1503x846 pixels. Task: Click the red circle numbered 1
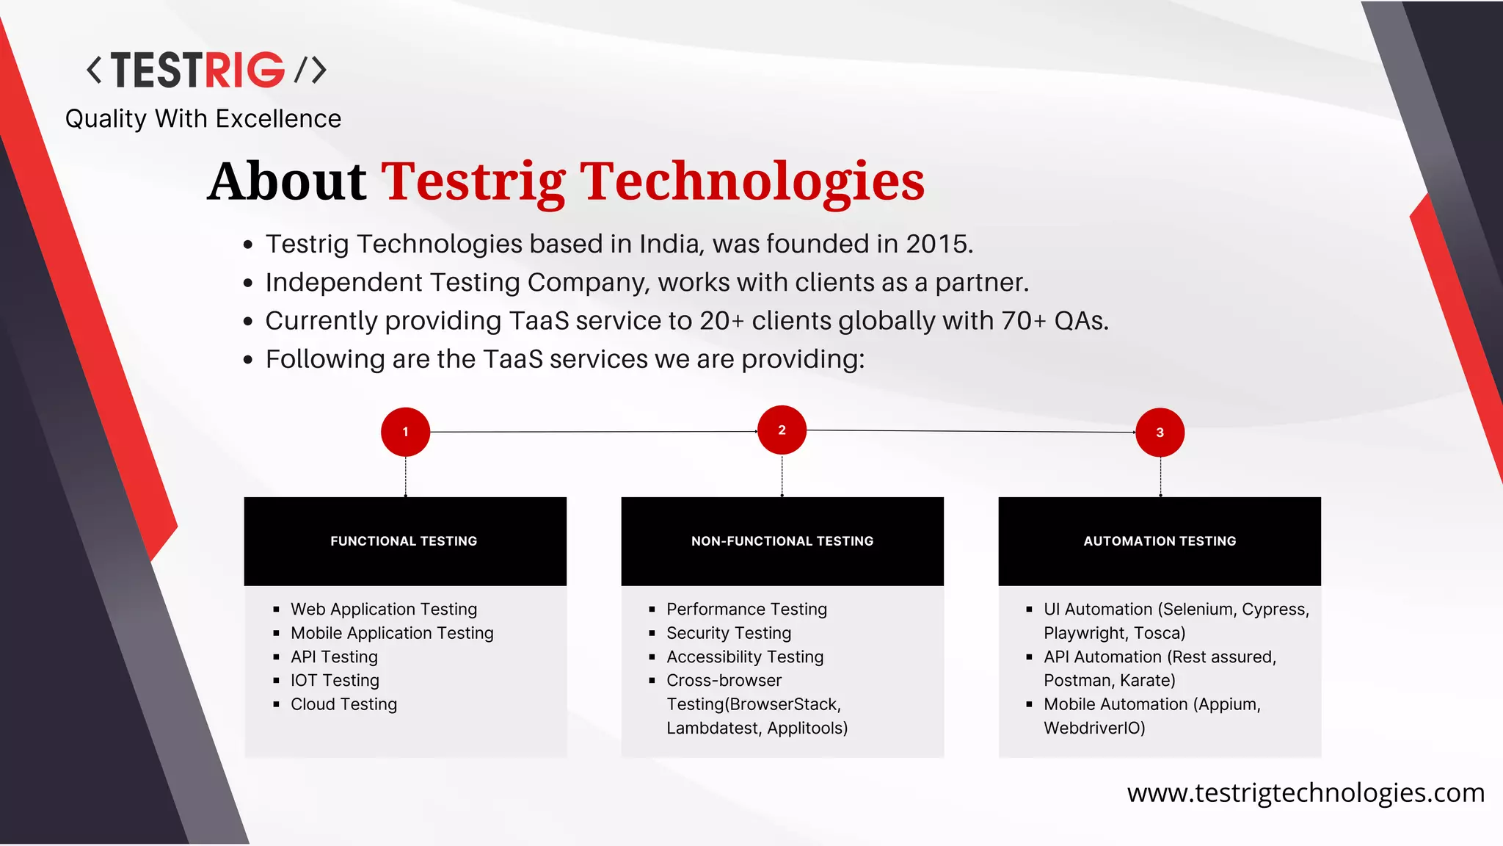[x=405, y=432]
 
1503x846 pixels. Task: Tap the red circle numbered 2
[x=782, y=430]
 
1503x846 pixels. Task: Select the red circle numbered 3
[x=1160, y=433]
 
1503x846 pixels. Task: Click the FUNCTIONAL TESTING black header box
[x=404, y=541]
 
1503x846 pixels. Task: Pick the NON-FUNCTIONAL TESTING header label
[x=782, y=541]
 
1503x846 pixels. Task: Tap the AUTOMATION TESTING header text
[x=1160, y=541]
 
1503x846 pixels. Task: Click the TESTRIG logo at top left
[x=206, y=70]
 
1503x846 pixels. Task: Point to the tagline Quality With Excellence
[x=203, y=119]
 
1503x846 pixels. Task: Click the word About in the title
[x=286, y=181]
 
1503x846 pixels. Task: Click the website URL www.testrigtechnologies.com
[x=1306, y=792]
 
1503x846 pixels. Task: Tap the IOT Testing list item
[x=335, y=681]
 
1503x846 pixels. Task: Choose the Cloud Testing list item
[x=343, y=704]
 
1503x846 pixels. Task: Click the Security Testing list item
[x=729, y=633]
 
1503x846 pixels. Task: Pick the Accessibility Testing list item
[x=745, y=657]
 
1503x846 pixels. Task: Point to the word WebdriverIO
[x=1093, y=728]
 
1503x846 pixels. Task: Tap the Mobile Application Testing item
[x=392, y=633]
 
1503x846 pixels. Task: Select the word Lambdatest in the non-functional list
[x=712, y=728]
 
